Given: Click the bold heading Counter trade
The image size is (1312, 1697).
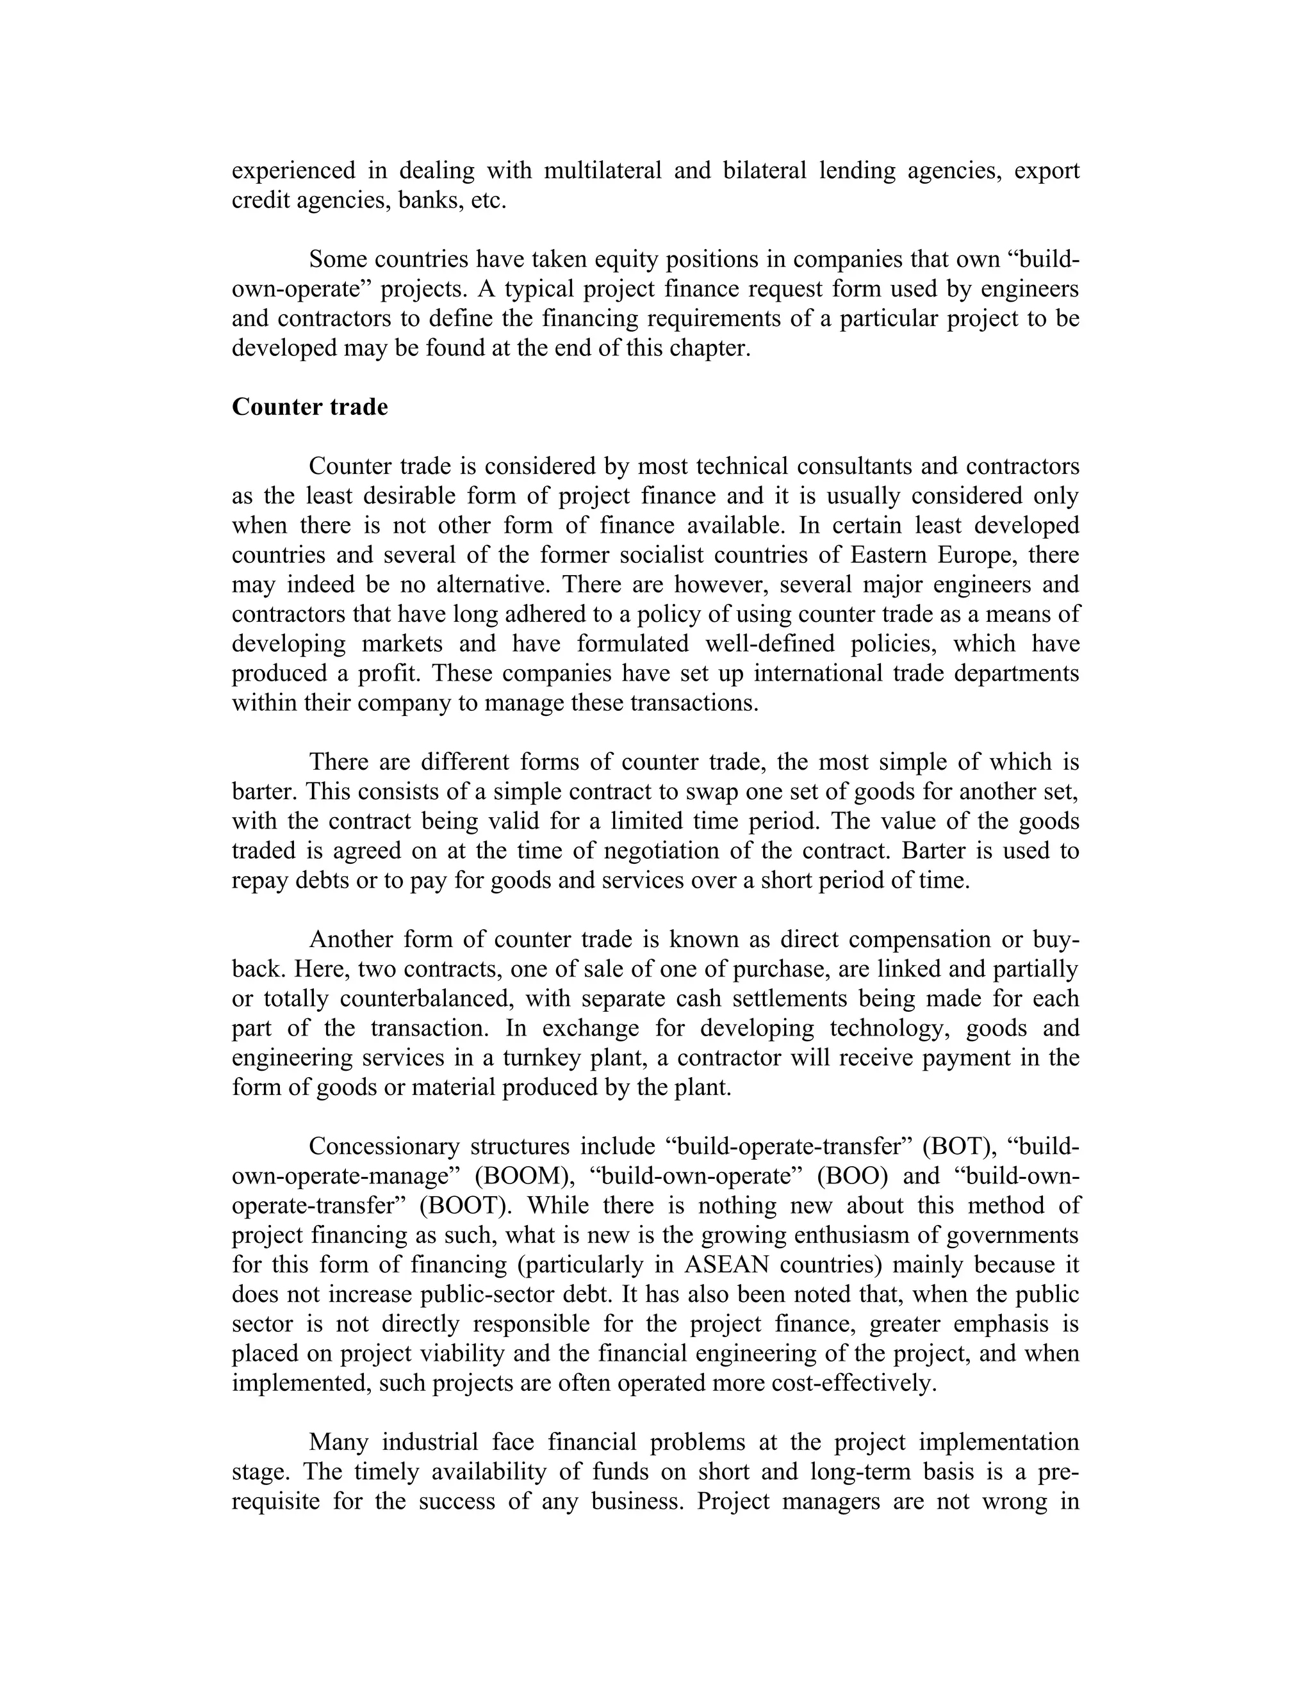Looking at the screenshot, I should [x=309, y=407].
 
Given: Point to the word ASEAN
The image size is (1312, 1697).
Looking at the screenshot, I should [x=726, y=1264].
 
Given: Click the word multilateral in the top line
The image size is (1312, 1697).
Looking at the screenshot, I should [x=602, y=170].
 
